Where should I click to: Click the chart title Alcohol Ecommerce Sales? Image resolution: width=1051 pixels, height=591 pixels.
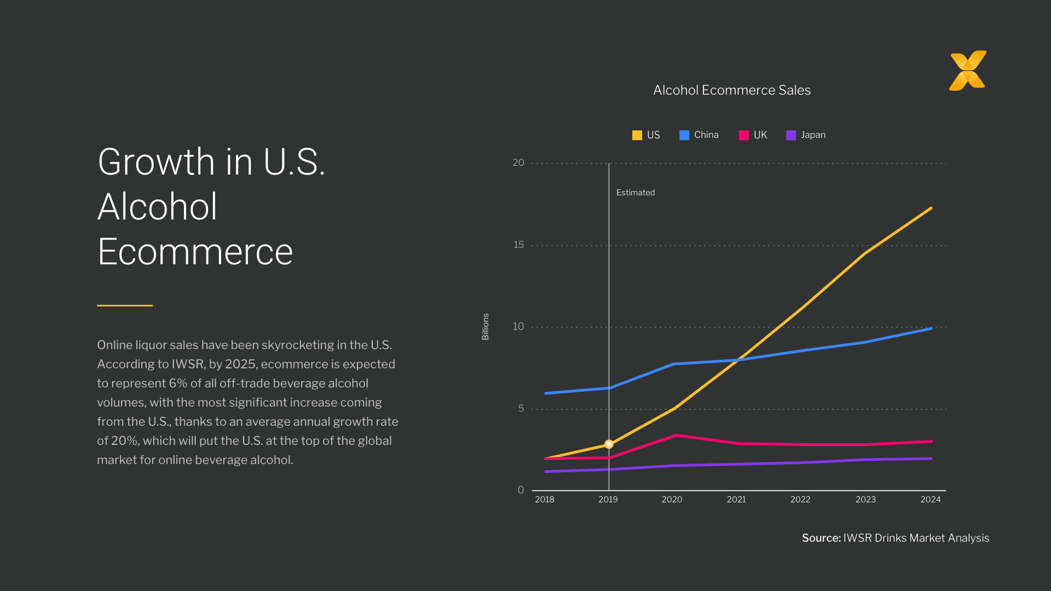731,90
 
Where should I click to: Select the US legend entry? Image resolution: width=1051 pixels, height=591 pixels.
646,135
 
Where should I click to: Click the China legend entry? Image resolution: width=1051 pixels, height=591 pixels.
699,135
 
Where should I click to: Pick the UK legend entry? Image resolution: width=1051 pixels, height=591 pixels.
753,135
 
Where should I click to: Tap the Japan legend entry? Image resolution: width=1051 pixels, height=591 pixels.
806,135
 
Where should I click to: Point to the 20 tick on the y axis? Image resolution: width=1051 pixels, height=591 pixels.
518,163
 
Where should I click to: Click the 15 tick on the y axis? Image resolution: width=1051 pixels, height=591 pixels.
518,245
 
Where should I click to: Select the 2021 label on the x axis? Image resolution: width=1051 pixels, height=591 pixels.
736,500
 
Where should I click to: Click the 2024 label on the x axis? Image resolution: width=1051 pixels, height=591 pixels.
930,500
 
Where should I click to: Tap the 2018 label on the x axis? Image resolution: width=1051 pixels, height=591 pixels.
544,500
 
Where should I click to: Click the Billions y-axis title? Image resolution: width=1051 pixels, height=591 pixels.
485,327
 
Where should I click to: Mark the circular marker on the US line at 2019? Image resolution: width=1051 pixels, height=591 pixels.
609,444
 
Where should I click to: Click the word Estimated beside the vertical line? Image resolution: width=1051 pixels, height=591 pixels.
635,193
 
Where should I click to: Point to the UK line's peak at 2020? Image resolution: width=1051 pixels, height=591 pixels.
677,435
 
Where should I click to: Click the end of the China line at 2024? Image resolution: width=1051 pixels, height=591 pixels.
931,328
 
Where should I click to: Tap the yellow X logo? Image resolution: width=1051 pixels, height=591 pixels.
967,71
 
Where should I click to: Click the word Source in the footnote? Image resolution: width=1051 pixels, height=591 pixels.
821,538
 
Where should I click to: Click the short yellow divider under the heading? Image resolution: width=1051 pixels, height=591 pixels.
125,305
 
